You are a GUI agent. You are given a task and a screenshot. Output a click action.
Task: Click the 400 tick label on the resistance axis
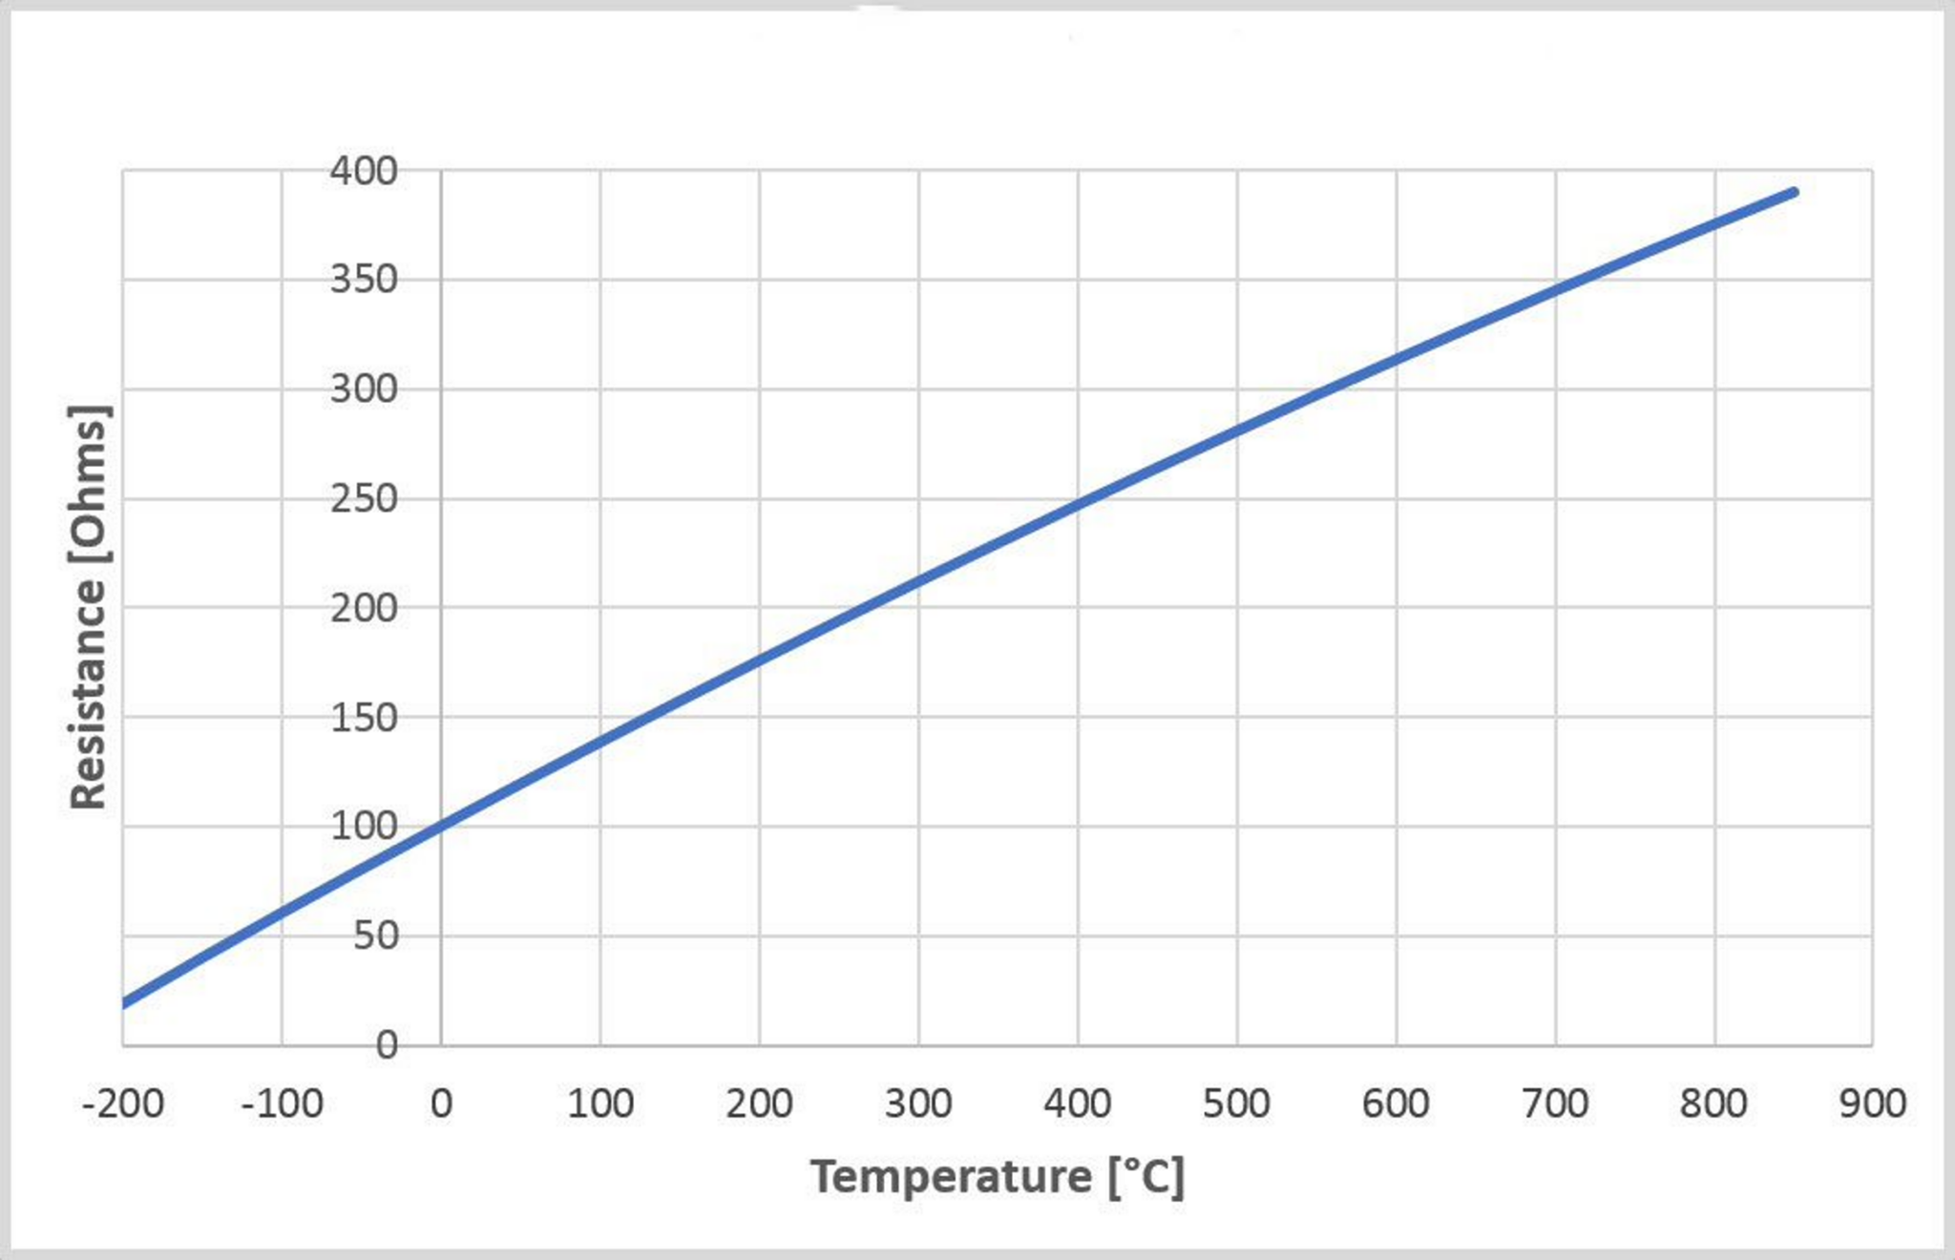363,172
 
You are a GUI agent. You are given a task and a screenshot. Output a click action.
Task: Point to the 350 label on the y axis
363,281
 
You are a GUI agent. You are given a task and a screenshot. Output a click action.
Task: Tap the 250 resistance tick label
363,499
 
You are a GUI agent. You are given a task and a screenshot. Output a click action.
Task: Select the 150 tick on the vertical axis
363,718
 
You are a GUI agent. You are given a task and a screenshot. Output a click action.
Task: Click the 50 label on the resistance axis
375,936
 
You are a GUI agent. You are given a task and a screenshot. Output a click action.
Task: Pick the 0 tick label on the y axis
386,1046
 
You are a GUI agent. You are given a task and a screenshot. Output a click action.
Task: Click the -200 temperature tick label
123,1104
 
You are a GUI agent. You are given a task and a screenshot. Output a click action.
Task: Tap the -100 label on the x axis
282,1104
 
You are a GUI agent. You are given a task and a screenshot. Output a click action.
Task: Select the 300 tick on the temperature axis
918,1104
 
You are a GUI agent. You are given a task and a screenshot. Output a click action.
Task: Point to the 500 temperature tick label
1236,1104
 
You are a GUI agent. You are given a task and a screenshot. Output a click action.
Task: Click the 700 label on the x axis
1555,1104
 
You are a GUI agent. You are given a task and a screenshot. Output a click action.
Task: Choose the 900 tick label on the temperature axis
1873,1104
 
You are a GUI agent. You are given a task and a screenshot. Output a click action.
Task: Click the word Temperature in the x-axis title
951,1177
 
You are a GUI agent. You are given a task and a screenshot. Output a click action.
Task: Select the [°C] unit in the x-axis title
1146,1177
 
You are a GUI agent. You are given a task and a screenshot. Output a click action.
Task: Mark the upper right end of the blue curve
1794,193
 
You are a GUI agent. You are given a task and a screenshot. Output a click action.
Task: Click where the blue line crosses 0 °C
441,824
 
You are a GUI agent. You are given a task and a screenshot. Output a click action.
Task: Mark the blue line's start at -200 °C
125,1002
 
